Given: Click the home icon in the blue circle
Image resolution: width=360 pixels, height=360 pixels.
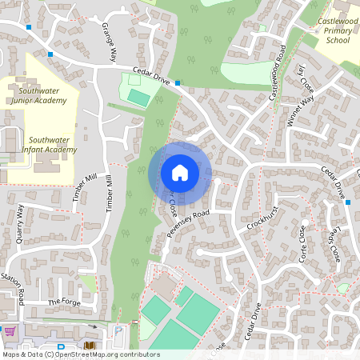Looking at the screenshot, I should tap(180, 173).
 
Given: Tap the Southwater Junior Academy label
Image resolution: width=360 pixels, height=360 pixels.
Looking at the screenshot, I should tap(44, 96).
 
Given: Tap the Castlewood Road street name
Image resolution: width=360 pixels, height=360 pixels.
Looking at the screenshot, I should tap(278, 72).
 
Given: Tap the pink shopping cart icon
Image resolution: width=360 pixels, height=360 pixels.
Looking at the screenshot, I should tap(10, 330).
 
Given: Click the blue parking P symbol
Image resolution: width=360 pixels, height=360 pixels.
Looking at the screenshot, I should tap(118, 330).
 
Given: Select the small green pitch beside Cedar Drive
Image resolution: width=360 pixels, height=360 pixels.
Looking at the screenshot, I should tap(138, 97).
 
